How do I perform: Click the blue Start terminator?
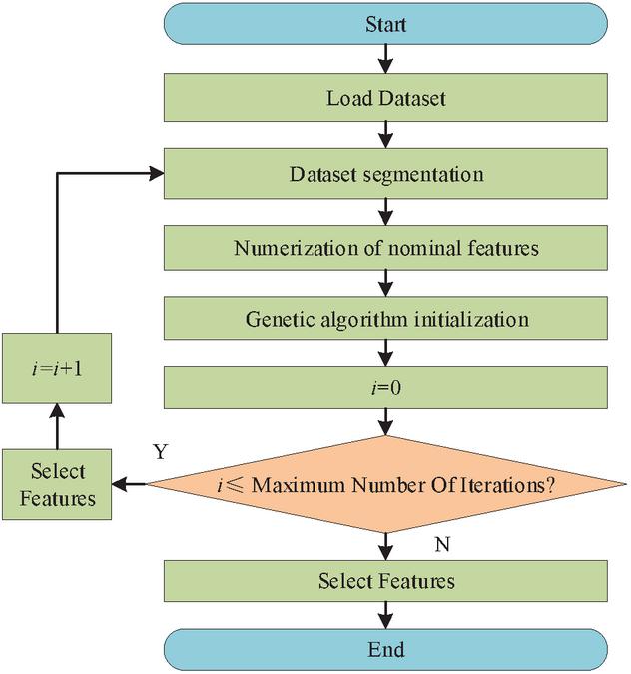point(385,24)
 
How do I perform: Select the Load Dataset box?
point(385,99)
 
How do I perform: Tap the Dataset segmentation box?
point(385,174)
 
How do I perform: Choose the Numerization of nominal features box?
point(385,247)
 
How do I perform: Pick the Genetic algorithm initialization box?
point(385,320)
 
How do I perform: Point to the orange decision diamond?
point(385,485)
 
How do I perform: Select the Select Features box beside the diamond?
point(58,484)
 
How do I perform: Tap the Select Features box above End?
point(385,580)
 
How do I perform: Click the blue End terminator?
point(385,650)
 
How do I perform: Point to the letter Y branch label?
point(160,452)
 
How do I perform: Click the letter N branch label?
point(442,545)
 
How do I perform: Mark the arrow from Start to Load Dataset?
point(385,61)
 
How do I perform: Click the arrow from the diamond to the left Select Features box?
point(130,485)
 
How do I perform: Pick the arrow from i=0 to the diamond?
point(385,423)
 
